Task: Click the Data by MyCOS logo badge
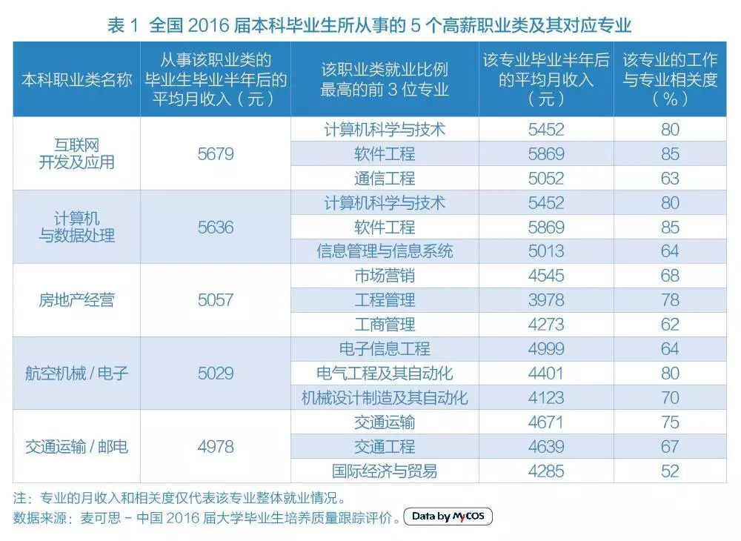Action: pyautogui.click(x=448, y=517)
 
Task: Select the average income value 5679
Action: pyautogui.click(x=216, y=154)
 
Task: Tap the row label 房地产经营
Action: pyautogui.click(x=76, y=300)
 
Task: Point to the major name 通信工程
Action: pyautogui.click(x=385, y=179)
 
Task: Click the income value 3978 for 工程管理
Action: pyautogui.click(x=546, y=300)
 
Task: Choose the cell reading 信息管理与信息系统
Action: pyautogui.click(x=385, y=251)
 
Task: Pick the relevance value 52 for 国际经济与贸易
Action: pyautogui.click(x=670, y=471)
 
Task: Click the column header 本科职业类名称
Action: pyautogui.click(x=76, y=80)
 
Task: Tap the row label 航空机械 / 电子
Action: pyautogui.click(x=76, y=373)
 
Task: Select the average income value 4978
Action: pyautogui.click(x=216, y=446)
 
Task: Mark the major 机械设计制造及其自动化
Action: pyautogui.click(x=385, y=397)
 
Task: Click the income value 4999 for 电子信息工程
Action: pyautogui.click(x=546, y=349)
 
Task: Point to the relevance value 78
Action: pyautogui.click(x=670, y=300)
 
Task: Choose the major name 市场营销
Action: pyautogui.click(x=385, y=276)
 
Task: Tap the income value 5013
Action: pyautogui.click(x=546, y=251)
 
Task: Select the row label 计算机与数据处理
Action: pyautogui.click(x=76, y=228)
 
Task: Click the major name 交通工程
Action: pyautogui.click(x=385, y=446)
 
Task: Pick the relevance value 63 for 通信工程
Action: pyautogui.click(x=670, y=179)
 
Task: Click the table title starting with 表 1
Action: pyautogui.click(x=369, y=25)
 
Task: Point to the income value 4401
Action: pyautogui.click(x=546, y=373)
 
